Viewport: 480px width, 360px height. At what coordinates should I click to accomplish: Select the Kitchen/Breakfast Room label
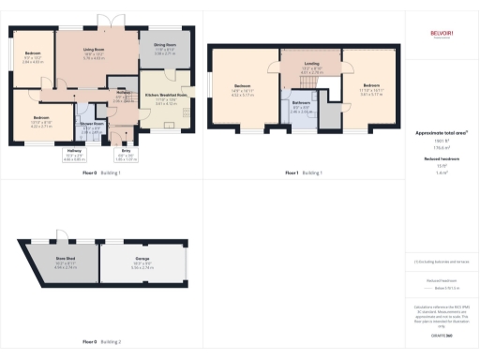pos(167,97)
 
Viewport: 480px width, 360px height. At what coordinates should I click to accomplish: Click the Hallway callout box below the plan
pos(74,157)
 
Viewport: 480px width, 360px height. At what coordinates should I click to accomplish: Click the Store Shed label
pos(67,264)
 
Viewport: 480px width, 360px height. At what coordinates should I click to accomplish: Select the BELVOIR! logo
pos(441,34)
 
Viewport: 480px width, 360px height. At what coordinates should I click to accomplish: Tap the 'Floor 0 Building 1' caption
pos(102,173)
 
